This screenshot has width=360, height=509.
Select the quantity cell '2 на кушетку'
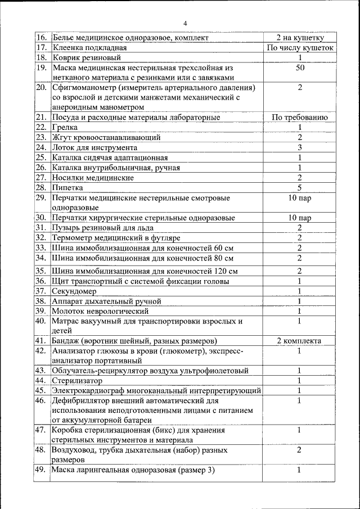click(x=300, y=38)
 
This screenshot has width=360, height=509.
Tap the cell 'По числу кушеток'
click(x=300, y=48)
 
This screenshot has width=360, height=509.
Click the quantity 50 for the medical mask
click(x=300, y=67)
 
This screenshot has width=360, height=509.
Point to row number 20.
click(x=41, y=88)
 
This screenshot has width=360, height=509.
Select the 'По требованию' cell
click(x=300, y=118)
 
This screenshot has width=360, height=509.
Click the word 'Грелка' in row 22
click(x=65, y=128)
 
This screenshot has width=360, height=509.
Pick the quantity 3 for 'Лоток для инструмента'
click(x=300, y=147)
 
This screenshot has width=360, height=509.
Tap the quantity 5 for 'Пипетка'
click(x=300, y=187)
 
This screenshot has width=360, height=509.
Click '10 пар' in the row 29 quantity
click(x=300, y=198)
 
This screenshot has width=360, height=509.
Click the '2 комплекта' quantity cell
click(x=300, y=341)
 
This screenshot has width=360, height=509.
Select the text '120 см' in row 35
click(x=224, y=271)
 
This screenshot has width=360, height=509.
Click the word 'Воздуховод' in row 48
click(x=73, y=451)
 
